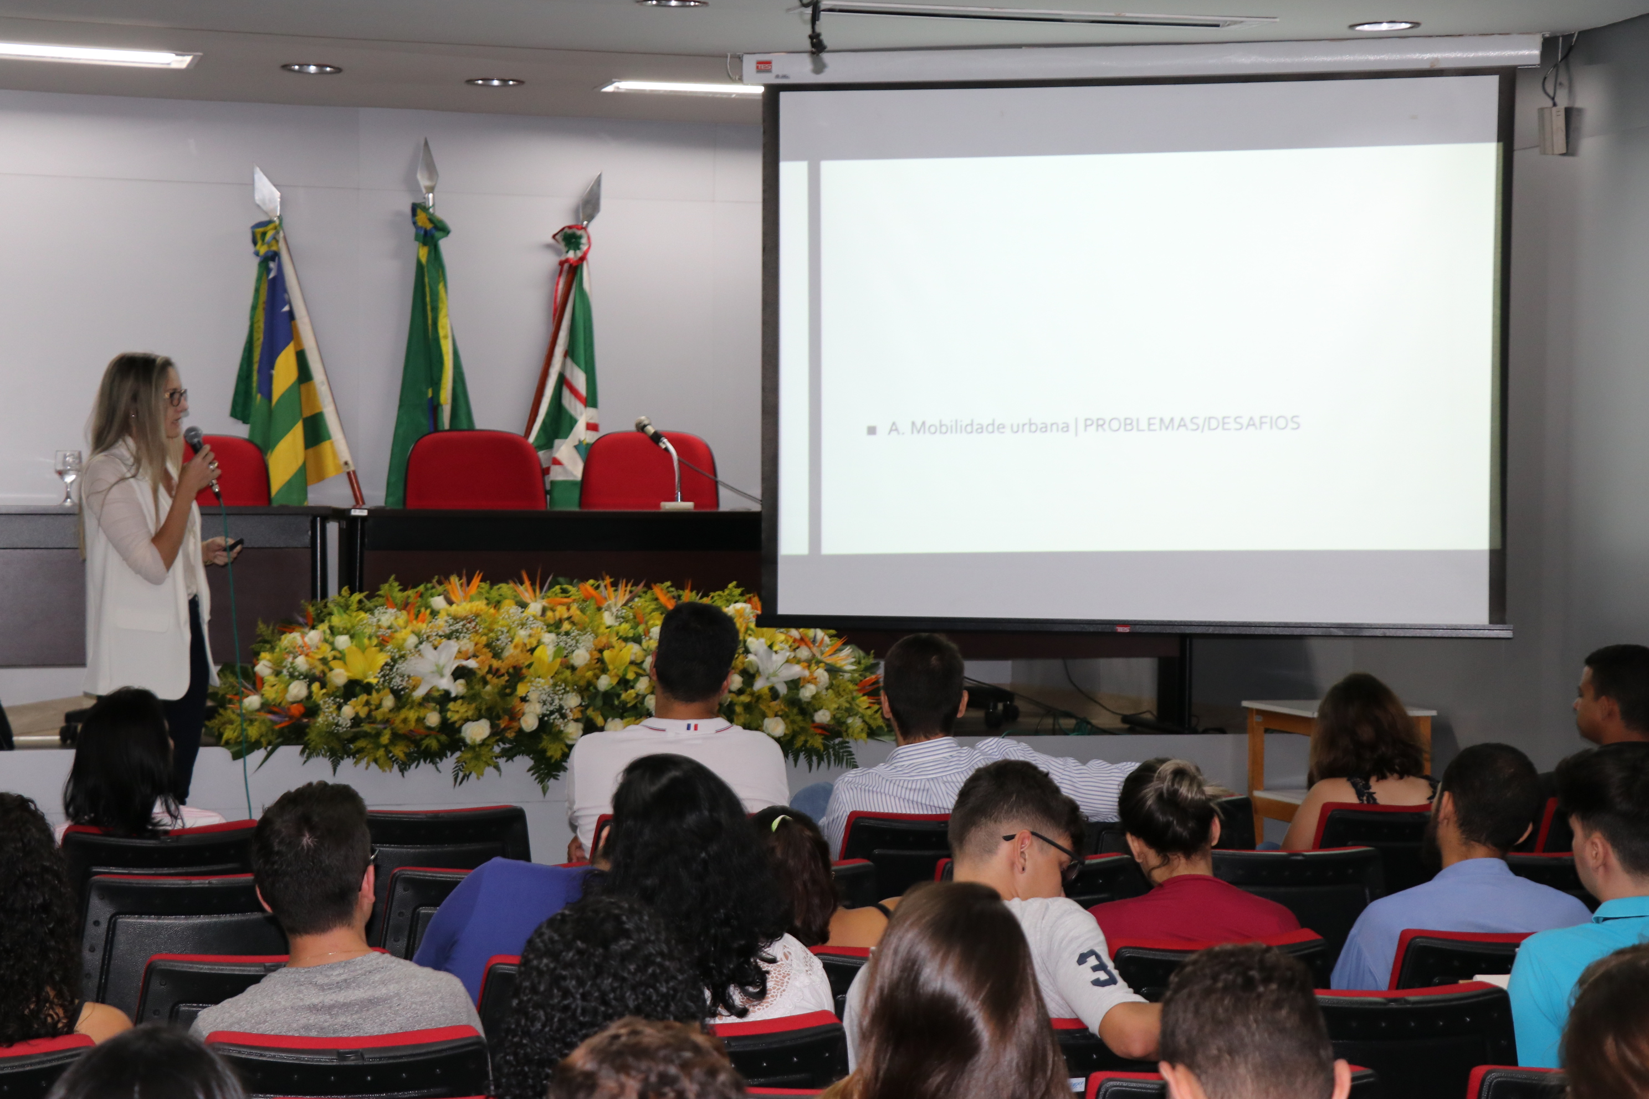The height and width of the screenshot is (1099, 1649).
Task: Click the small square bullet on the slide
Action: [x=872, y=430]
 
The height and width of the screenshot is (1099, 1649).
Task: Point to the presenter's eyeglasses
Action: [x=177, y=397]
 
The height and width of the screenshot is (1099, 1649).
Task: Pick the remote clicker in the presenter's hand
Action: [x=233, y=544]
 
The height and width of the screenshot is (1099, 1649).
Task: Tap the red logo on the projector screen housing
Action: [x=764, y=66]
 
